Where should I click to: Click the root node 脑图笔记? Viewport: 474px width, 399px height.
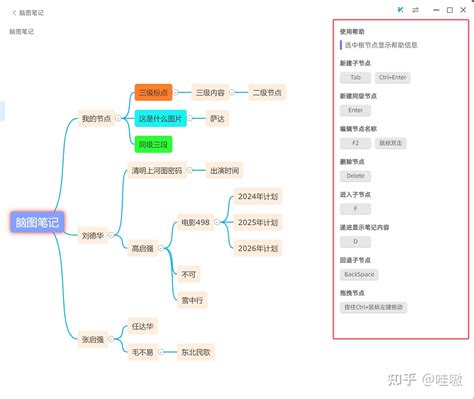click(x=37, y=223)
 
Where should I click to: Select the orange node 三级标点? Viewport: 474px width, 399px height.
click(x=153, y=93)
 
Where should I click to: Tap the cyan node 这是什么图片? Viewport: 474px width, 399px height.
click(x=160, y=119)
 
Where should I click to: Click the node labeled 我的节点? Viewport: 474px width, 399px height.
click(x=97, y=119)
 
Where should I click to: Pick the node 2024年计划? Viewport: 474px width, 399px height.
click(x=257, y=196)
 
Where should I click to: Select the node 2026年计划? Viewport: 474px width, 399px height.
click(x=257, y=247)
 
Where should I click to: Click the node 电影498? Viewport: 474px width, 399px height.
click(x=195, y=221)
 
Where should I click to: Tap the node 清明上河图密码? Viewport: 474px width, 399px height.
click(x=157, y=171)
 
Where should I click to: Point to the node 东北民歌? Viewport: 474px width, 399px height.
click(x=196, y=351)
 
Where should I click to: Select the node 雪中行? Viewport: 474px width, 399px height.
click(x=192, y=299)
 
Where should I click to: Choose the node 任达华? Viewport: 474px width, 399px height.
click(x=145, y=326)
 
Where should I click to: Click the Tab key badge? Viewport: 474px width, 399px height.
click(x=355, y=77)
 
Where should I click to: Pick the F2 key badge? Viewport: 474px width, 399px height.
click(x=355, y=143)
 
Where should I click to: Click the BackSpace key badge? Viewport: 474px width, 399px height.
click(x=359, y=273)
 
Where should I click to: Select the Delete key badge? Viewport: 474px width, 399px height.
click(x=356, y=176)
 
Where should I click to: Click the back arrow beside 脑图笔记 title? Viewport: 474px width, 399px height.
click(x=12, y=12)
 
